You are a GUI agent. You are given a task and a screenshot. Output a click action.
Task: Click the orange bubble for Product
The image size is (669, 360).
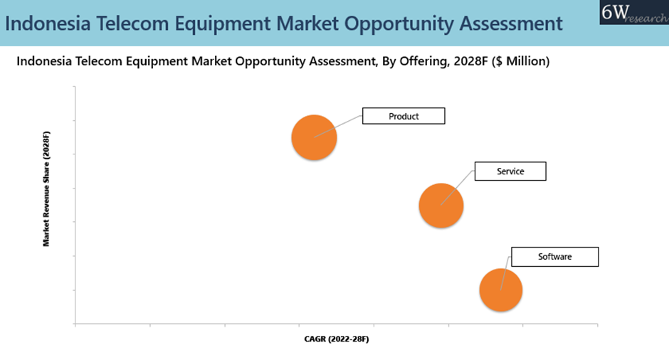pos(314,137)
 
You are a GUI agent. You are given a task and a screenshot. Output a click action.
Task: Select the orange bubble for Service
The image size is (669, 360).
pos(441,206)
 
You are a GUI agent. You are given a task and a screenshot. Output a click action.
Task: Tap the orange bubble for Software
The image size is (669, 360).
pos(501,290)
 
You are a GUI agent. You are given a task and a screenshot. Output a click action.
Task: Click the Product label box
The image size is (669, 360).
pos(404,116)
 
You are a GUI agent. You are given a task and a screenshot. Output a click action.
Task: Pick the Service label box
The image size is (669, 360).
pos(510,171)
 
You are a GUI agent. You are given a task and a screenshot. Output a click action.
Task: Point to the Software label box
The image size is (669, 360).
pos(555,257)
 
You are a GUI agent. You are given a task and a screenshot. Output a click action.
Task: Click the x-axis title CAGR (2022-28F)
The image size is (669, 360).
pos(337,339)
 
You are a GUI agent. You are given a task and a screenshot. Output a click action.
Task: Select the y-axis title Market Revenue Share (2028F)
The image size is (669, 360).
pos(46,189)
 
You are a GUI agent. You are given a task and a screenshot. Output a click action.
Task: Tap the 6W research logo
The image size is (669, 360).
pos(634,12)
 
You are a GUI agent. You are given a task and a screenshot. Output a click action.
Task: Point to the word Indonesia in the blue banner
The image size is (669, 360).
pos(48,23)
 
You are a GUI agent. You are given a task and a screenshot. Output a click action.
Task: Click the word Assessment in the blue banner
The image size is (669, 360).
pos(511,23)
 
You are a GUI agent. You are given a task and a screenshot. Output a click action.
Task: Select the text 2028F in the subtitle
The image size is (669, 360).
pos(470,61)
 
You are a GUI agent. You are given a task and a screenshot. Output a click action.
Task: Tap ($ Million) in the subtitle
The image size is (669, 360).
pos(520,61)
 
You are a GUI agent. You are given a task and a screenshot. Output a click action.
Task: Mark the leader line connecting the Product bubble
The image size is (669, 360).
pos(338,126)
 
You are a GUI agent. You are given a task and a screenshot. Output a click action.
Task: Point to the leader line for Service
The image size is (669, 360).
pos(458,188)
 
